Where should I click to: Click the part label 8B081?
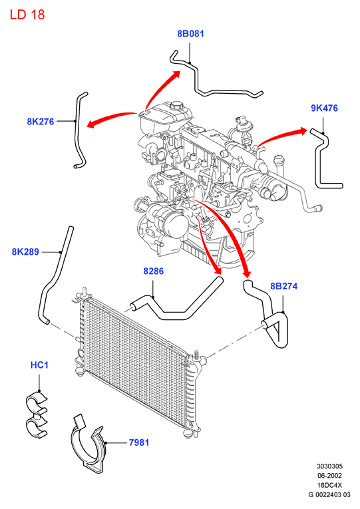pyautogui.click(x=190, y=33)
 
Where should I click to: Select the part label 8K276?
pyautogui.click(x=40, y=121)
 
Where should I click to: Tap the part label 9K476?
pyautogui.click(x=324, y=108)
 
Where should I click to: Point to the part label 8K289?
pyautogui.click(x=25, y=252)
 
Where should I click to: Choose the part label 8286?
pyautogui.click(x=154, y=271)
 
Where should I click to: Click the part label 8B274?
pyautogui.click(x=283, y=286)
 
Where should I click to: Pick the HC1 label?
pyautogui.click(x=39, y=365)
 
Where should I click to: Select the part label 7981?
pyautogui.click(x=139, y=442)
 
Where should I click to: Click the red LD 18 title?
pyautogui.click(x=27, y=15)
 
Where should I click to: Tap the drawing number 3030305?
pyautogui.click(x=329, y=466)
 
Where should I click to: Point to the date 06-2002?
pyautogui.click(x=329, y=476)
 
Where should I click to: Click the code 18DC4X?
pyautogui.click(x=329, y=485)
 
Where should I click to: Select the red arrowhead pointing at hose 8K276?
pyautogui.click(x=92, y=123)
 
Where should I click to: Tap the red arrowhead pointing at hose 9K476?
pyautogui.click(x=303, y=131)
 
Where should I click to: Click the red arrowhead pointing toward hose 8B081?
pyautogui.click(x=176, y=75)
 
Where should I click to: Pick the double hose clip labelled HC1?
pyautogui.click(x=37, y=415)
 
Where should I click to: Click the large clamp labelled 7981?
pyautogui.click(x=88, y=442)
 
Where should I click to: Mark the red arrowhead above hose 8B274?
pyautogui.click(x=247, y=273)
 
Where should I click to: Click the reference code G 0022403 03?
pyautogui.click(x=329, y=495)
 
